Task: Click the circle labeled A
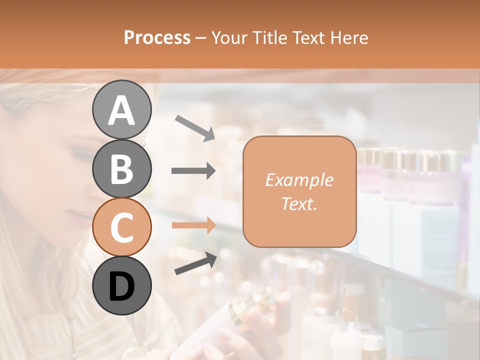(x=121, y=109)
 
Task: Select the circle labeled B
(x=121, y=168)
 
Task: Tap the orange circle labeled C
(x=121, y=227)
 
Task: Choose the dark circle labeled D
(x=121, y=285)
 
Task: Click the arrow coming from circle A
(x=195, y=127)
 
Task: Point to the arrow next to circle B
(x=193, y=171)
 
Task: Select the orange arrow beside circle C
(x=193, y=225)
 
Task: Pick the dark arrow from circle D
(x=195, y=263)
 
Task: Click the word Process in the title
(x=157, y=37)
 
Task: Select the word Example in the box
(x=299, y=180)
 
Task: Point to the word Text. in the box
(x=299, y=203)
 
